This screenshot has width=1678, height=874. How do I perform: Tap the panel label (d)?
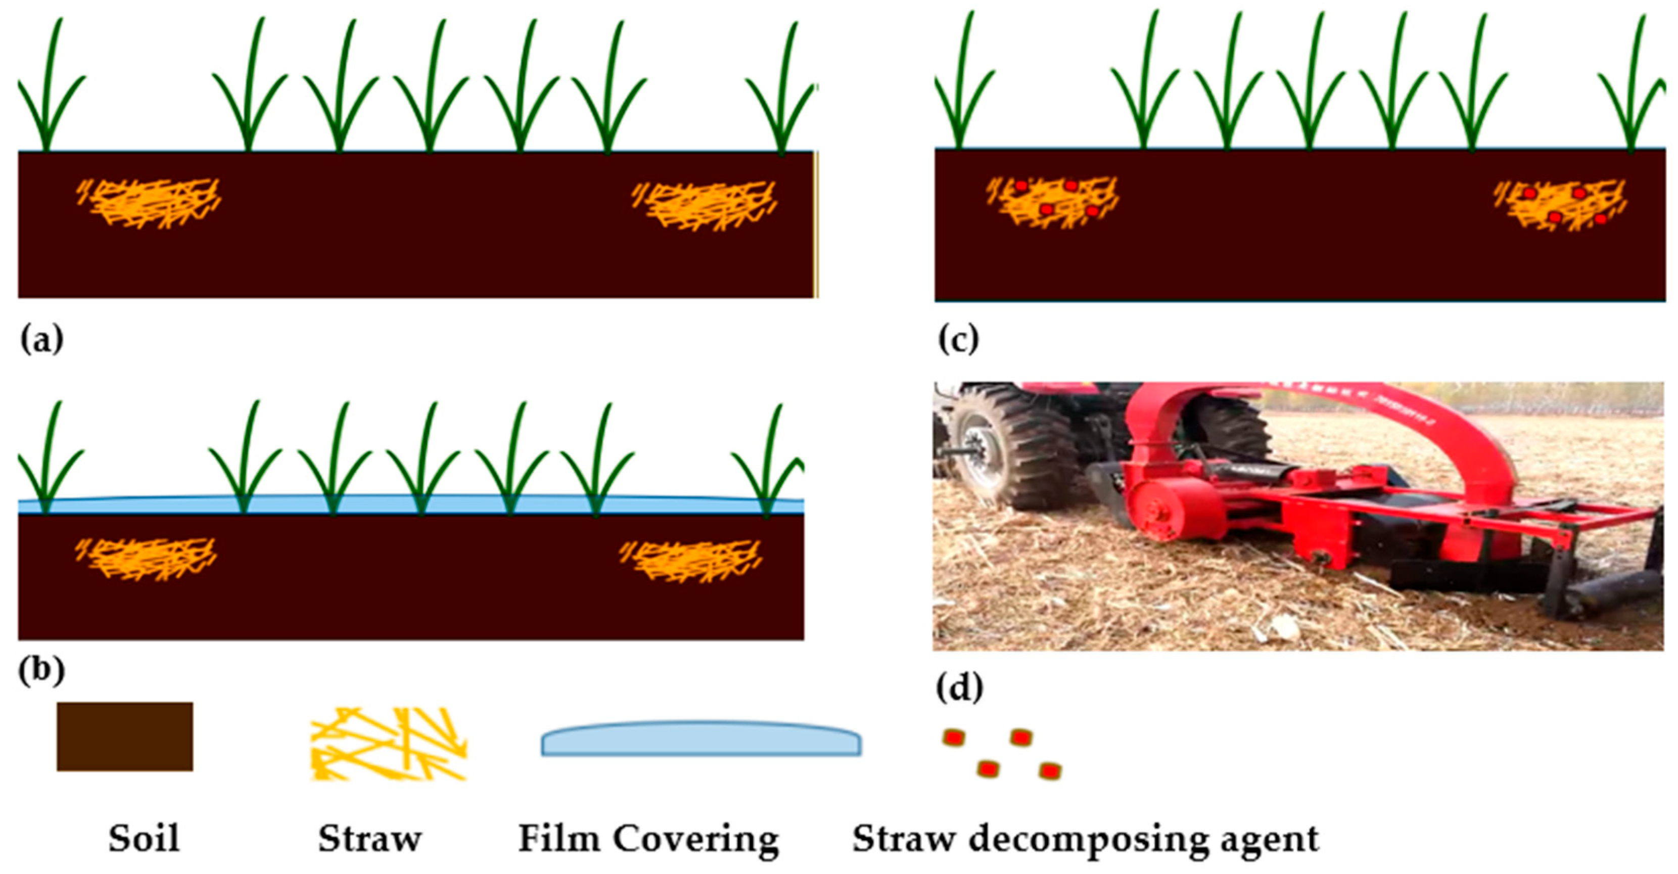tap(959, 688)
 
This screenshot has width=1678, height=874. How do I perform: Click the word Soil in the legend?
tap(144, 838)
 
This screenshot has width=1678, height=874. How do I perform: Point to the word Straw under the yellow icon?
tap(369, 838)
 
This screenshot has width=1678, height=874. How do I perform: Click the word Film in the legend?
tap(558, 838)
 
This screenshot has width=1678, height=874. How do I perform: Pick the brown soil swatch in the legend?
tap(124, 737)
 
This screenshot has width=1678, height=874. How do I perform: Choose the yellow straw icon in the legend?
tap(388, 744)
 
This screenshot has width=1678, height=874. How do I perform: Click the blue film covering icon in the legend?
tap(701, 739)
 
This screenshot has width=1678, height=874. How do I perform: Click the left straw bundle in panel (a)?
tap(150, 203)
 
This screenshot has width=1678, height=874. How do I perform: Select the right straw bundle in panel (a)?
tap(705, 205)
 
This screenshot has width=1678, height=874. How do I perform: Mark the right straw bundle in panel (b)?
tap(690, 560)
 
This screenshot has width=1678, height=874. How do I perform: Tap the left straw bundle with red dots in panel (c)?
tap(1052, 201)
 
